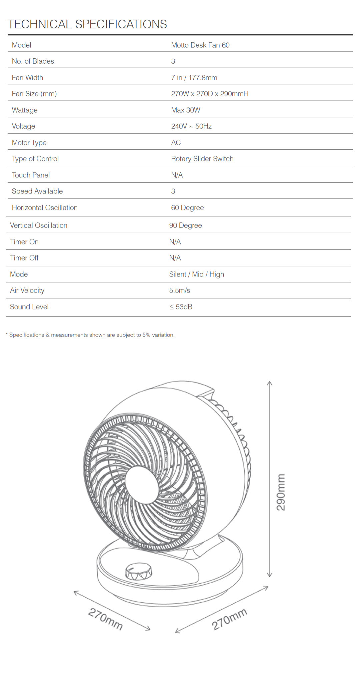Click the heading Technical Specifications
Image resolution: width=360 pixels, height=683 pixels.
(x=87, y=24)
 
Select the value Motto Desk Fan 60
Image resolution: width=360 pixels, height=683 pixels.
(x=200, y=45)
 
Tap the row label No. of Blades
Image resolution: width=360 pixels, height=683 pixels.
(x=33, y=61)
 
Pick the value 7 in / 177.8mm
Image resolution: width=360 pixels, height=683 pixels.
(x=194, y=78)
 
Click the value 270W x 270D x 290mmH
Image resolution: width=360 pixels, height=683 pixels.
(x=210, y=94)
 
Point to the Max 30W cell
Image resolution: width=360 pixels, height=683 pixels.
(x=185, y=110)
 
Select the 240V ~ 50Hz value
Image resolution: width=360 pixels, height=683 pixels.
(x=191, y=126)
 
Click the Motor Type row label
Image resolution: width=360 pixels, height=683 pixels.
(x=29, y=143)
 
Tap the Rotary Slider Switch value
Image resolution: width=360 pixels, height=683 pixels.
(x=202, y=159)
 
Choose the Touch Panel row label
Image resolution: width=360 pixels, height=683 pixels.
(x=31, y=175)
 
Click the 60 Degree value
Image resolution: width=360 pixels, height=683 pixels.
(x=187, y=208)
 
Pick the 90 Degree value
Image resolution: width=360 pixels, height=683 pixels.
(x=185, y=225)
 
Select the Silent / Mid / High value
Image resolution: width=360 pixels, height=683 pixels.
(x=196, y=274)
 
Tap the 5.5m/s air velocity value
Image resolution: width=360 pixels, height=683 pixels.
(x=179, y=290)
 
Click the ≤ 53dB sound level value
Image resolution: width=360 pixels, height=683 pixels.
(x=181, y=307)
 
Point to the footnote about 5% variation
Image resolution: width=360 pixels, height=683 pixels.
(x=90, y=335)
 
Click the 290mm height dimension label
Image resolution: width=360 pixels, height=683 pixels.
(x=281, y=492)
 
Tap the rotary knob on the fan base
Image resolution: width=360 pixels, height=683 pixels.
(x=139, y=571)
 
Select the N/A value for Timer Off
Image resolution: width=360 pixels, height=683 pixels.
(x=175, y=258)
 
